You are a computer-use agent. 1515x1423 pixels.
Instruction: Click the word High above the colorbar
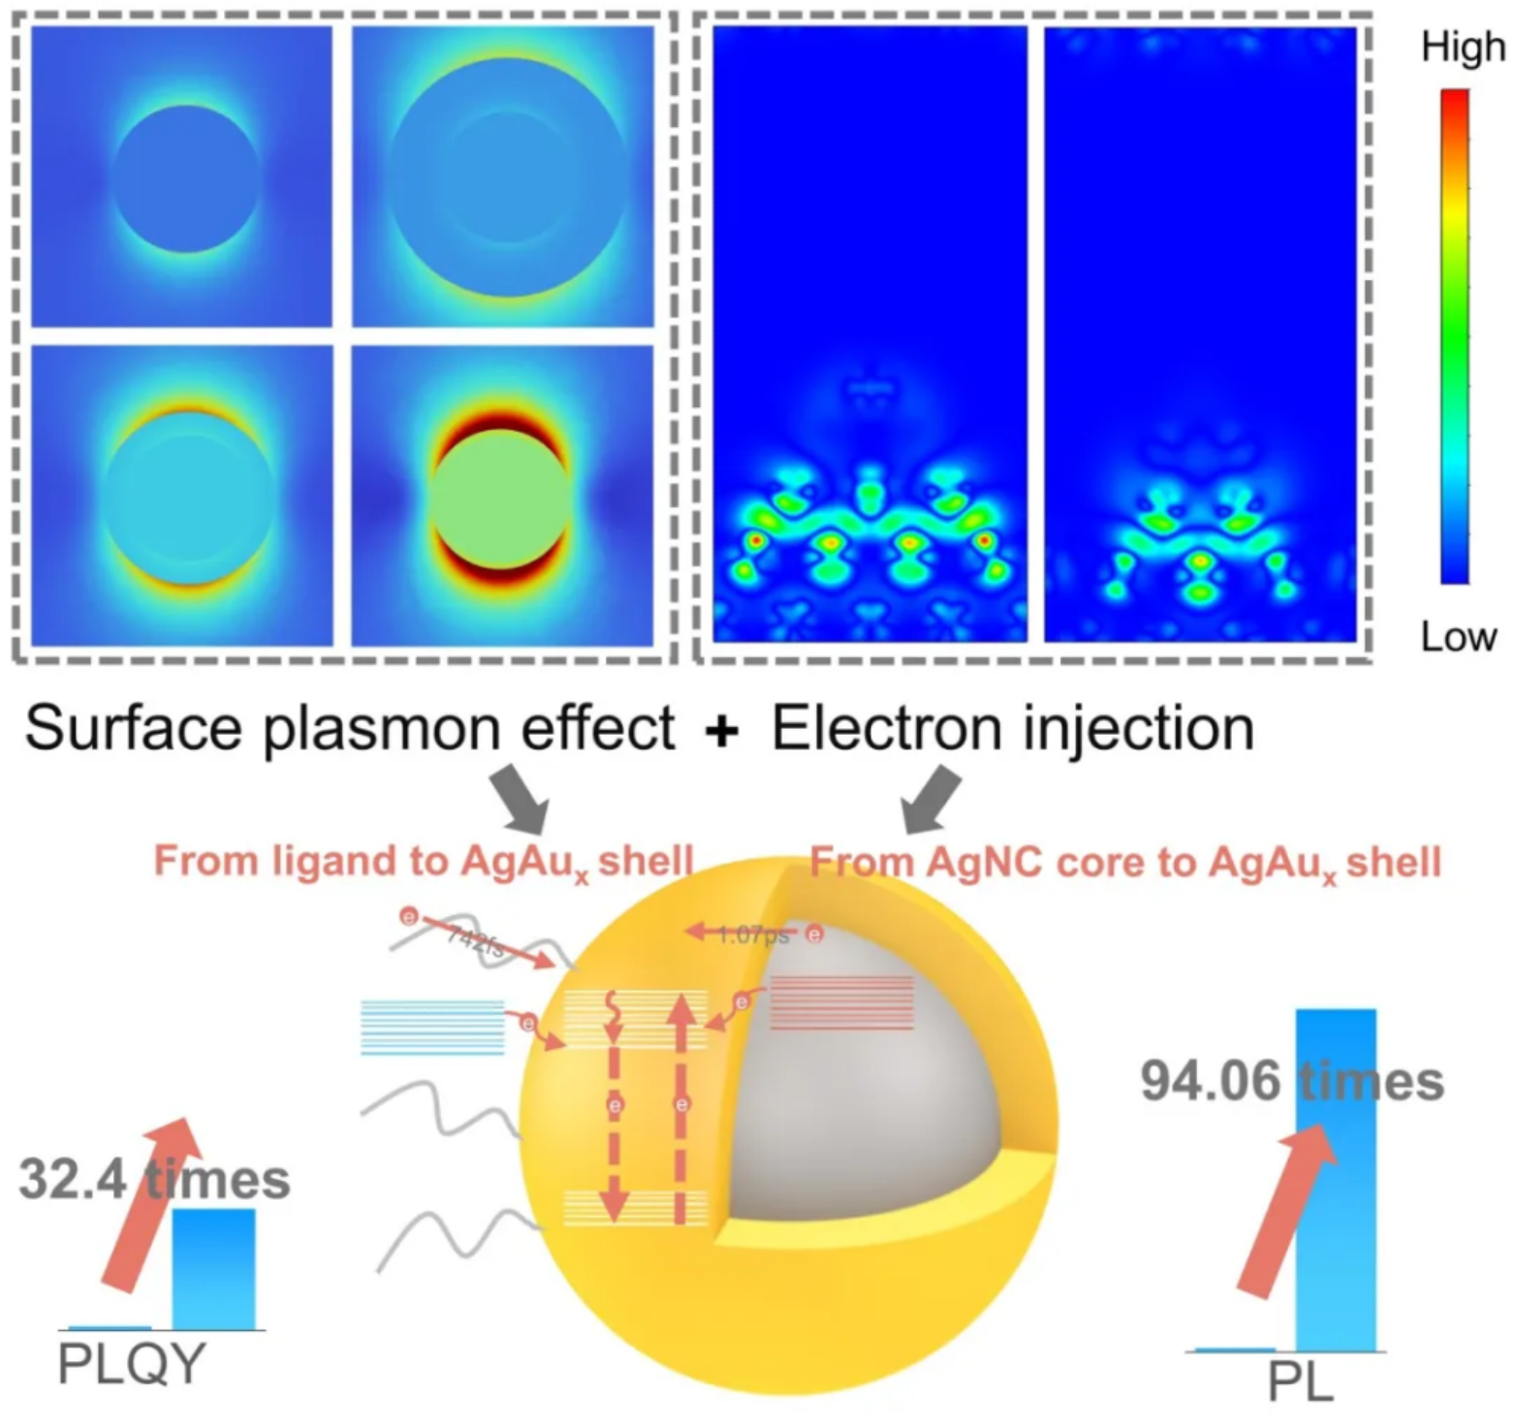point(1463,47)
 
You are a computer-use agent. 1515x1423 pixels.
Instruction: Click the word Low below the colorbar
point(1458,637)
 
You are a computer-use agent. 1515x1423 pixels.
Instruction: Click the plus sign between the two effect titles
point(722,730)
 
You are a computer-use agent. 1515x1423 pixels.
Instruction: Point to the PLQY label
point(131,1364)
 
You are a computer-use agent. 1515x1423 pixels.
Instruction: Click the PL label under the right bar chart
point(1300,1381)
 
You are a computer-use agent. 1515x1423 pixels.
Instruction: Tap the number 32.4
point(73,1180)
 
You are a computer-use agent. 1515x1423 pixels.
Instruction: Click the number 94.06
point(1210,1081)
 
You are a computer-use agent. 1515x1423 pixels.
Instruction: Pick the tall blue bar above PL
point(1336,1179)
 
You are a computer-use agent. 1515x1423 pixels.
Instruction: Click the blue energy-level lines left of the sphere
point(432,1027)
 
